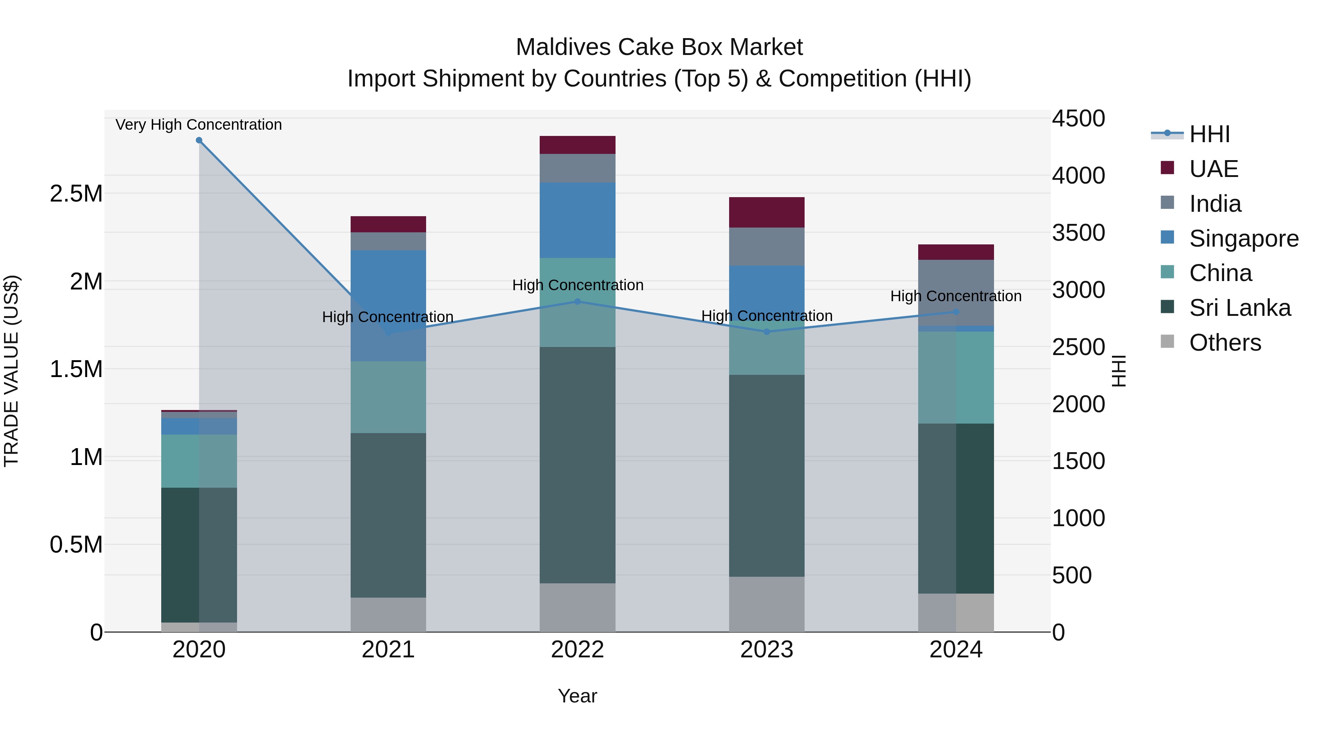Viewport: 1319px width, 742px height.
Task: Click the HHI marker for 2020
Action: click(x=199, y=140)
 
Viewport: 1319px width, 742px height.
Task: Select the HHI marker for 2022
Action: click(x=577, y=302)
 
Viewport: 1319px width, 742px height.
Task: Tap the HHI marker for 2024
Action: click(x=956, y=312)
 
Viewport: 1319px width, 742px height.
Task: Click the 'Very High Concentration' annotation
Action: click(x=199, y=125)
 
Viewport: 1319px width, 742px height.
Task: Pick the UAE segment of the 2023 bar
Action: click(x=766, y=212)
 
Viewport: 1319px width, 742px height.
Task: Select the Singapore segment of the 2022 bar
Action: click(x=577, y=220)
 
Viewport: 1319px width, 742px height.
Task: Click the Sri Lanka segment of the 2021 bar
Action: click(x=388, y=515)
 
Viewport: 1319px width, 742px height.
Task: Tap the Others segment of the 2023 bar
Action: click(x=766, y=604)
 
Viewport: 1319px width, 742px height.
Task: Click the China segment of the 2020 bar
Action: click(x=199, y=461)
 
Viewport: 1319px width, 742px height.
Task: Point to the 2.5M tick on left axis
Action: click(x=76, y=193)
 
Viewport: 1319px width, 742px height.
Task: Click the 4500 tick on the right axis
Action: click(x=1078, y=119)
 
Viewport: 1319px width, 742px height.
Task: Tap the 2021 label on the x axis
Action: click(x=388, y=650)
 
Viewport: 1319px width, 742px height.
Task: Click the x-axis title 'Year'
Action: click(x=577, y=696)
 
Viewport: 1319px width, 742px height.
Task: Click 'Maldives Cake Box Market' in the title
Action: click(x=659, y=47)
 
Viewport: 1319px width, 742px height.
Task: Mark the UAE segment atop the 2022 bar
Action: click(x=577, y=145)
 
